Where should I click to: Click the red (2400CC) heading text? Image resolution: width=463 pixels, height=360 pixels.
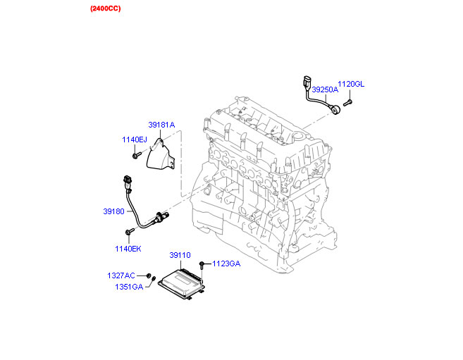tap(106, 8)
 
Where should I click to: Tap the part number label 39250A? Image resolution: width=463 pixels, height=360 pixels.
tap(325, 89)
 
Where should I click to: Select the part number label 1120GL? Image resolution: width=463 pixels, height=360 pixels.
tap(351, 84)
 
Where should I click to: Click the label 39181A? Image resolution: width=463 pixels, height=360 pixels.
tap(161, 125)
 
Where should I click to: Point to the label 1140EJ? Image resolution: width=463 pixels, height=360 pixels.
tap(135, 139)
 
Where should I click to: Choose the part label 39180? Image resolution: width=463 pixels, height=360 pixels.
tap(113, 211)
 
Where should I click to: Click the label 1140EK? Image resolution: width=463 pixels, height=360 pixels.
tap(128, 249)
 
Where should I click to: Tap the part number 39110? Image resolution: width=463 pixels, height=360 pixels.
tap(180, 255)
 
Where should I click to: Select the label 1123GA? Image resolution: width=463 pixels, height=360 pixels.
tap(226, 263)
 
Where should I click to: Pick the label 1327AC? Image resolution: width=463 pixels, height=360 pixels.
tap(121, 275)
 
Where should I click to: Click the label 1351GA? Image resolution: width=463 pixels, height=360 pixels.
tap(129, 287)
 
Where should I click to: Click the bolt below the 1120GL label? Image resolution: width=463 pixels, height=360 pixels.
tap(347, 103)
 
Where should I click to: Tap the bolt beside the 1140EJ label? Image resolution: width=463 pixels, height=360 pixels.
tap(137, 155)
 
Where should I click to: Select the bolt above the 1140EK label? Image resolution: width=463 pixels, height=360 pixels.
tap(130, 231)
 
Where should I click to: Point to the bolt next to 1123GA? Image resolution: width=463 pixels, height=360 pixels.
tap(202, 265)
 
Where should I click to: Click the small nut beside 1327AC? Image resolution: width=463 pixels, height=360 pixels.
tap(149, 275)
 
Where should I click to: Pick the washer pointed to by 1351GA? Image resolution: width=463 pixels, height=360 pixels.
tap(154, 279)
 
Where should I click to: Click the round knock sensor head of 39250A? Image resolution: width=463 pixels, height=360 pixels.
tap(336, 109)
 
